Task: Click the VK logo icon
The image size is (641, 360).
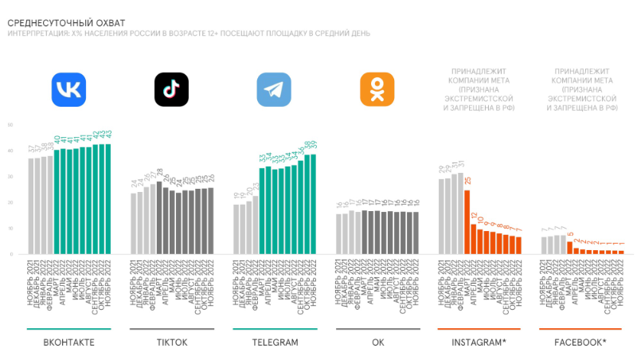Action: [x=68, y=89]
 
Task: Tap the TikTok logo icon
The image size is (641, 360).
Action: [x=170, y=89]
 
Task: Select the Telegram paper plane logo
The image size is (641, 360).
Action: [x=273, y=89]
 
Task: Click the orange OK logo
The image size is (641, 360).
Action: [x=377, y=89]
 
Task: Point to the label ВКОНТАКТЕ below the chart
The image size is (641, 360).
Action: [x=68, y=342]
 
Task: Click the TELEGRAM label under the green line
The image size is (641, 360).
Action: [x=273, y=342]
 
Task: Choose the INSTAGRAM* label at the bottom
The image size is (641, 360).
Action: [x=479, y=342]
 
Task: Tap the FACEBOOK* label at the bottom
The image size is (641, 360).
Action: [x=580, y=342]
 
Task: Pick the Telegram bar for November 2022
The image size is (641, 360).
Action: [x=313, y=204]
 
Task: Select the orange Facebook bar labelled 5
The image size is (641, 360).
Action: [x=569, y=247]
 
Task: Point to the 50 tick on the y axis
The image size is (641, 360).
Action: [x=10, y=125]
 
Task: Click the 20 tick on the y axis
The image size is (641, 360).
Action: [x=10, y=202]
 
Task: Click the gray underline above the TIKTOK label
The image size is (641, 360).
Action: [x=170, y=329]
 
